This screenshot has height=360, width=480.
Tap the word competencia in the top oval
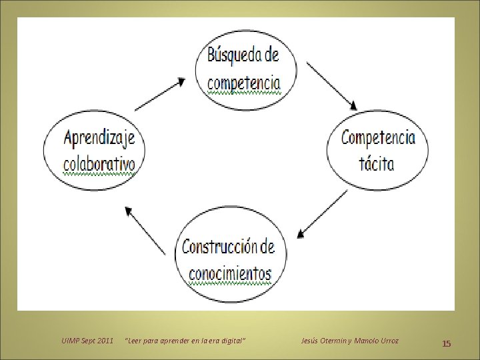click(243, 83)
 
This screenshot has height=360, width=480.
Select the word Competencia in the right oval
click(378, 138)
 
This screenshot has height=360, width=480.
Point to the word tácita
click(377, 163)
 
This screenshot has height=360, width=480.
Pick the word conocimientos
click(230, 273)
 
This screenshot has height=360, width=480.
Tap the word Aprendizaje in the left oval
click(99, 139)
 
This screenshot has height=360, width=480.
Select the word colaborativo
click(99, 164)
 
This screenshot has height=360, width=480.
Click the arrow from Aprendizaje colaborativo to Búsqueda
click(161, 93)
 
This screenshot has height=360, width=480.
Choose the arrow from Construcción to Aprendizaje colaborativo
click(146, 230)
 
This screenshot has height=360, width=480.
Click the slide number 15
click(447, 343)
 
